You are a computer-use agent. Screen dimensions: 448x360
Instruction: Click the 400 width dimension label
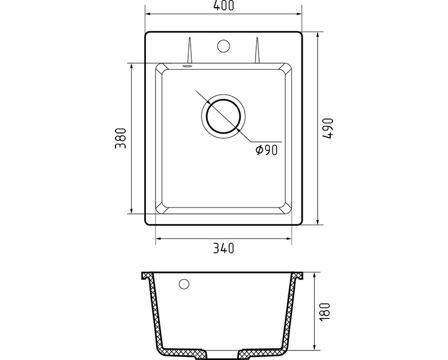pyautogui.click(x=223, y=5)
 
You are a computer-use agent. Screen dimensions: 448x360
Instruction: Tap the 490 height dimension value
pyautogui.click(x=328, y=128)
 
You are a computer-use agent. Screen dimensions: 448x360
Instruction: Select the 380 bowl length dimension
pyautogui.click(x=120, y=138)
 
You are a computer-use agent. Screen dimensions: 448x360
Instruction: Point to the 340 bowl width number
pyautogui.click(x=223, y=248)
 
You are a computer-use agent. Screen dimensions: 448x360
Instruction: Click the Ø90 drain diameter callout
pyautogui.click(x=266, y=150)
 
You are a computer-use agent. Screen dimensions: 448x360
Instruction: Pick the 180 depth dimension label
pyautogui.click(x=325, y=312)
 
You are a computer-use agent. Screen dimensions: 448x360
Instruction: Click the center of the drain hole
pyautogui.click(x=223, y=117)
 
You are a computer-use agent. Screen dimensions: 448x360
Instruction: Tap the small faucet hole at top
pyautogui.click(x=223, y=46)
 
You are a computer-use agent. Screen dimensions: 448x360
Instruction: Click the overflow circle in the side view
pyautogui.click(x=183, y=284)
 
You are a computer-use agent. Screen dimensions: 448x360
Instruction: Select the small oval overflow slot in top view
pyautogui.click(x=187, y=66)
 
